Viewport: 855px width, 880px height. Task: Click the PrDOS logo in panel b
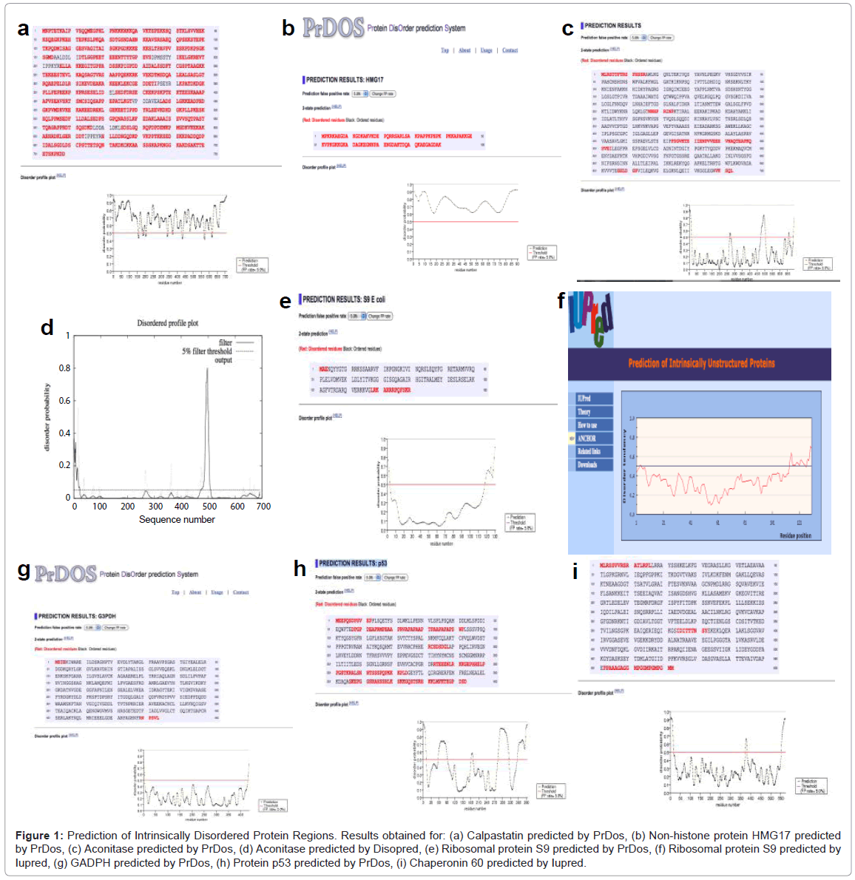tap(334, 28)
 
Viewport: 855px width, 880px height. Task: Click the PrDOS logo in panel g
tap(66, 574)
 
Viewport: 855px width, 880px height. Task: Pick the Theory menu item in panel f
tap(584, 411)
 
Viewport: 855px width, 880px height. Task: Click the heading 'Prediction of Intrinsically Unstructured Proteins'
tap(701, 363)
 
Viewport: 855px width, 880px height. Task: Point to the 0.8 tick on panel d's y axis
tap(65, 368)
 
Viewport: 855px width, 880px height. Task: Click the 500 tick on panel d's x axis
tap(209, 507)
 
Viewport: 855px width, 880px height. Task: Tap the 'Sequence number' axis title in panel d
tap(177, 520)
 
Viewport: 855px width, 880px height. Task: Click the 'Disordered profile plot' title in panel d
tap(167, 323)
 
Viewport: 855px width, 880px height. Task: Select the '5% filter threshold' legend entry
tap(206, 351)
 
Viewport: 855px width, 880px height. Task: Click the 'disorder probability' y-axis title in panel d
tap(47, 417)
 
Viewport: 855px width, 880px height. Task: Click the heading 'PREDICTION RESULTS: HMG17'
tap(345, 79)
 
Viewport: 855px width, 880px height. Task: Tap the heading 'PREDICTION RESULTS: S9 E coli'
tap(343, 299)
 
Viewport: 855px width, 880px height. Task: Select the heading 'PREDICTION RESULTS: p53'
tap(353, 563)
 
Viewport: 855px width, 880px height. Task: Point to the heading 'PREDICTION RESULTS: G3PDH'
tap(77, 615)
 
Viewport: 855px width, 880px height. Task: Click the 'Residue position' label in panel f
tap(795, 535)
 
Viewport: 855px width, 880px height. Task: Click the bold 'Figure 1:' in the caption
tap(39, 836)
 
